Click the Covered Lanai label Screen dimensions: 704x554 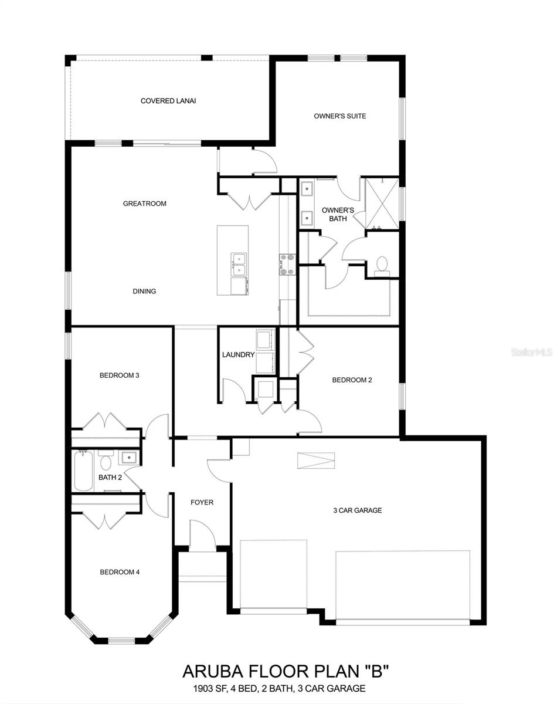pyautogui.click(x=168, y=101)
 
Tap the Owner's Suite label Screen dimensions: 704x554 pyautogui.click(x=339, y=116)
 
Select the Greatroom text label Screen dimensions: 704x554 pyautogui.click(x=144, y=204)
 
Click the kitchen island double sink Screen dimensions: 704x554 pyautogui.click(x=238, y=265)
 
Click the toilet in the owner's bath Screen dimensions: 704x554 pyautogui.click(x=382, y=265)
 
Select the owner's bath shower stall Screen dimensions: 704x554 pyautogui.click(x=382, y=203)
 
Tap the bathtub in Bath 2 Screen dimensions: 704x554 pyautogui.click(x=83, y=471)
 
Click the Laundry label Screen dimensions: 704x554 pyautogui.click(x=238, y=355)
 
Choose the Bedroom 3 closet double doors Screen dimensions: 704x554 pyautogui.click(x=106, y=422)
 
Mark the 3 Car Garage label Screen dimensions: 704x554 pyautogui.click(x=357, y=510)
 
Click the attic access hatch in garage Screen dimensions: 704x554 pyautogui.click(x=317, y=461)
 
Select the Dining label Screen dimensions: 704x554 pyautogui.click(x=144, y=292)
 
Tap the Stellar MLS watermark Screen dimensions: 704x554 pyautogui.click(x=532, y=353)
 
